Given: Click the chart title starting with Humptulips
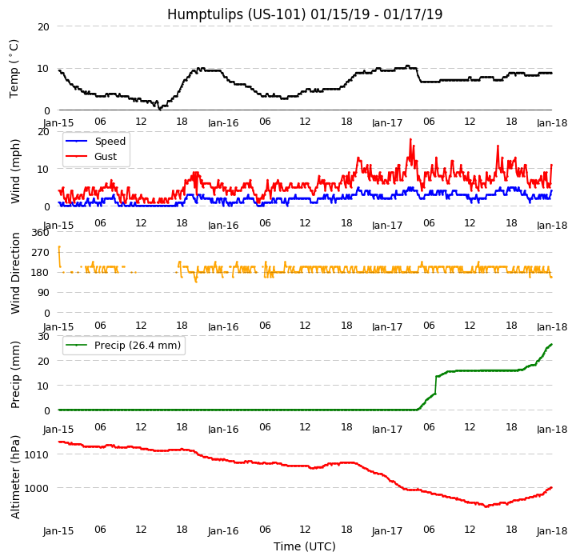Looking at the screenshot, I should click(305, 14).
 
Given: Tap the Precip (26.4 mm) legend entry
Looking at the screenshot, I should click(137, 346).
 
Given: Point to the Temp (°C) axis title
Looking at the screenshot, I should click(14, 68).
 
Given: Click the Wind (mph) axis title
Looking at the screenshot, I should click(15, 170).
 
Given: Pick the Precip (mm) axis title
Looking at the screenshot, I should click(15, 374).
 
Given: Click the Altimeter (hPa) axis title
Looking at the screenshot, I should click(15, 477).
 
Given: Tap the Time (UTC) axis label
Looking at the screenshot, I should click(305, 546).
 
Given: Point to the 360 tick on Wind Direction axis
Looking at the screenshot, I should click(40, 233).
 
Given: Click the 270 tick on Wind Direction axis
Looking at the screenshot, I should click(40, 253).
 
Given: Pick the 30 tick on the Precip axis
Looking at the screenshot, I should click(43, 336).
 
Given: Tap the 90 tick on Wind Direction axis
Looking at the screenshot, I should click(43, 294).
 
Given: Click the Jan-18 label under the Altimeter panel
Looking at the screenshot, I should click(552, 531).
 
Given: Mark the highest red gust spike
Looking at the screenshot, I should click(410, 140).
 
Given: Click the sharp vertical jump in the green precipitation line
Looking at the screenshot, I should click(435, 384).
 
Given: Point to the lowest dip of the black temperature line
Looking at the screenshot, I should click(160, 108).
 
